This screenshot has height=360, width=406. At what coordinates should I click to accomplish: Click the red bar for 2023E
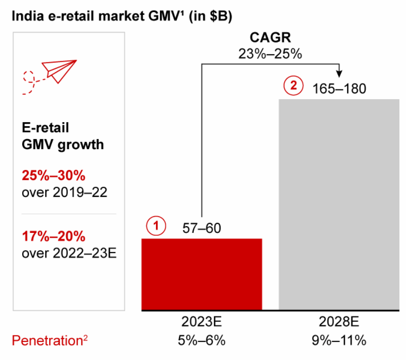pos(201,274)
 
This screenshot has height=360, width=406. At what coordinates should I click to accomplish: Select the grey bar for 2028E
pos(339,205)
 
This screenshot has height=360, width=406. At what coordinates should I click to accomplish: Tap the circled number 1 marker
pos(157,226)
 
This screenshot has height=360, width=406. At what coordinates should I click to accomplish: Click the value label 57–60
pos(201,228)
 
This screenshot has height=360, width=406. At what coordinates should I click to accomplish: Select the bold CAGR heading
pos(270,38)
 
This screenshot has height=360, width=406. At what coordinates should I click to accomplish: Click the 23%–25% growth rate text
pos(270,53)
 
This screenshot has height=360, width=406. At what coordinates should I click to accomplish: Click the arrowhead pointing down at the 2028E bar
pos(340,73)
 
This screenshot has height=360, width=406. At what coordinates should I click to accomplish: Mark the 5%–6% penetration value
pos(201,341)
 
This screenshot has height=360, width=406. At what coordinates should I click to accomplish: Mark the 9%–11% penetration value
pos(339,341)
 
